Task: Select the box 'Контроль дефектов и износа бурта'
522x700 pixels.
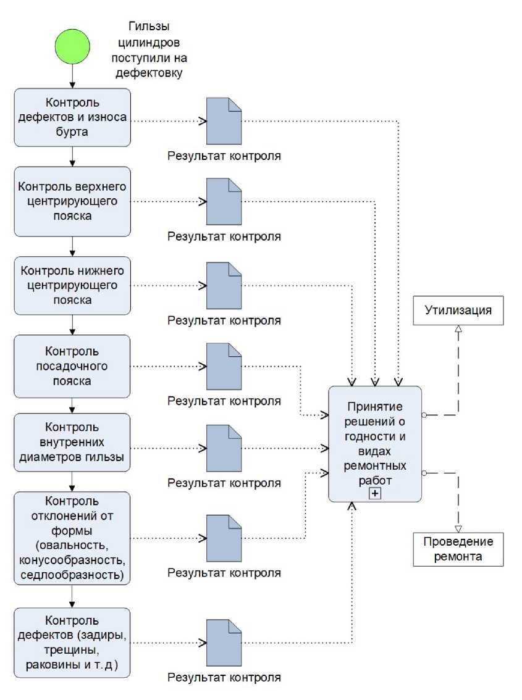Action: [x=72, y=117]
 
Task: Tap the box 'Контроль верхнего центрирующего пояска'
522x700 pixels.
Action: [x=72, y=201]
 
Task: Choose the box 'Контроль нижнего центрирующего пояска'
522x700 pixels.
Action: [x=72, y=285]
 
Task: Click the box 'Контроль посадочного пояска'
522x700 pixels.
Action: [x=72, y=366]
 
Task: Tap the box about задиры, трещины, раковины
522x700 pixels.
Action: [x=72, y=642]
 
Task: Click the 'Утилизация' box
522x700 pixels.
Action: [x=458, y=310]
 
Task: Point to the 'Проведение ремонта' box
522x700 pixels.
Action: [x=458, y=549]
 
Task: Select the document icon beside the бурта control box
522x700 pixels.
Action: [x=224, y=121]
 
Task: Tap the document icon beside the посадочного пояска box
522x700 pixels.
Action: [x=224, y=367]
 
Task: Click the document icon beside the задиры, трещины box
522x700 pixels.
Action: [x=224, y=643]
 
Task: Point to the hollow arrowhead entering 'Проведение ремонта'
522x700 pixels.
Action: [x=458, y=528]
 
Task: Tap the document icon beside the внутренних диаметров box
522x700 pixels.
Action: [x=224, y=448]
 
